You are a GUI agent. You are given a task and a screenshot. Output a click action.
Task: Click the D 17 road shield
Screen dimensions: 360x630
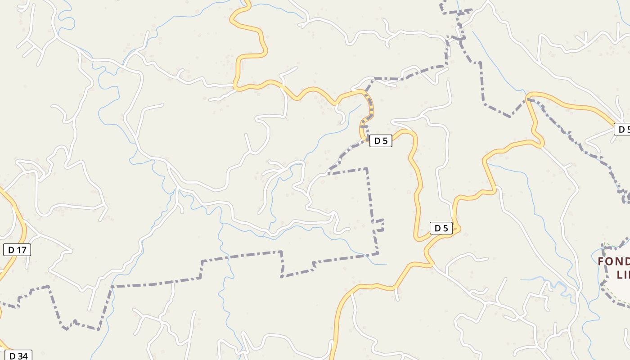17,250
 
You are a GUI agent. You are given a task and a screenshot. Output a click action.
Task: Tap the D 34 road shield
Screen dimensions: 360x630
18,355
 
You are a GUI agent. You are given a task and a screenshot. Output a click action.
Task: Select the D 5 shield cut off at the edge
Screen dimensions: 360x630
622,130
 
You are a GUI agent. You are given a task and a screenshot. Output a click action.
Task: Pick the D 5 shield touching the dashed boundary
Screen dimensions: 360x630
381,141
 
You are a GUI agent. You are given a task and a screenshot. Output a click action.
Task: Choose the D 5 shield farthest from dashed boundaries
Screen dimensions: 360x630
441,228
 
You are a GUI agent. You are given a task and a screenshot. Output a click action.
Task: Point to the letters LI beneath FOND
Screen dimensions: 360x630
623,275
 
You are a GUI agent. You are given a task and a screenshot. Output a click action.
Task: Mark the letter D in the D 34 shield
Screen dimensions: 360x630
12,355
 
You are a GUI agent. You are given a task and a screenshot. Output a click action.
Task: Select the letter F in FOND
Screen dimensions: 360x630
601,262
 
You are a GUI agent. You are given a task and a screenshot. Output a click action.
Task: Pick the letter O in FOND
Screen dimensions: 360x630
610,262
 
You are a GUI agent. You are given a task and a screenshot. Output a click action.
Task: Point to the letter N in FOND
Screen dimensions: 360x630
619,262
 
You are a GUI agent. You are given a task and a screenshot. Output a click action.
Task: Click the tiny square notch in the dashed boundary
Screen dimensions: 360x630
380,225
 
